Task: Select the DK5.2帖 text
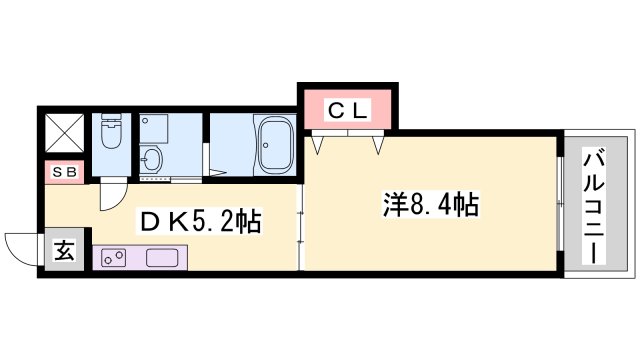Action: [x=199, y=221]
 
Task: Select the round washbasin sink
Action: [x=151, y=158]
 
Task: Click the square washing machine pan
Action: [x=154, y=128]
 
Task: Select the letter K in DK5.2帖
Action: [x=176, y=221]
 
